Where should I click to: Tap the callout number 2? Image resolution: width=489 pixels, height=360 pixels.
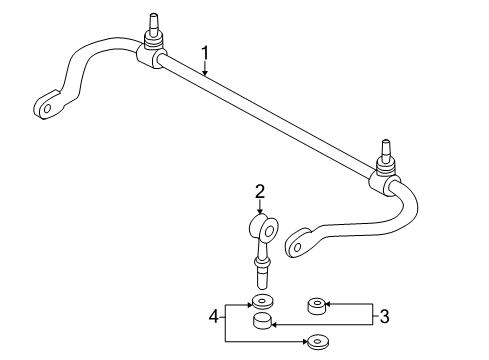click(259, 191)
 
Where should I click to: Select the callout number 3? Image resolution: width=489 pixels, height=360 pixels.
click(383, 317)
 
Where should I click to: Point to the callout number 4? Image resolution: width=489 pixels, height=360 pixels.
click(212, 317)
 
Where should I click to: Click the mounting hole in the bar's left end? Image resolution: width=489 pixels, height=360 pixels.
click(46, 105)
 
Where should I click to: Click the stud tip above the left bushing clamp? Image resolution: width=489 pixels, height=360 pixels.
click(154, 19)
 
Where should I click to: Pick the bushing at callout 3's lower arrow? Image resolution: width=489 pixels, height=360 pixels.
click(263, 321)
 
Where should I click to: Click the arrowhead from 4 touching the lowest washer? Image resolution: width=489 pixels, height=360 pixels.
click(303, 340)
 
